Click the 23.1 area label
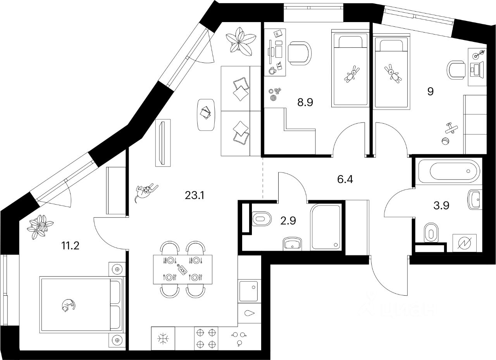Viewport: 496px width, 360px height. tap(195, 195)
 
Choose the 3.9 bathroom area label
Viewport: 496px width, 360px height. tap(441, 206)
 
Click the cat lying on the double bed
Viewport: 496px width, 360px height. tap(67, 305)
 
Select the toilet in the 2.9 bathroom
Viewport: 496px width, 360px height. tap(261, 219)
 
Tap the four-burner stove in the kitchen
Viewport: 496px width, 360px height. tap(205, 338)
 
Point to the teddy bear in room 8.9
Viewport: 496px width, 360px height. tap(351, 74)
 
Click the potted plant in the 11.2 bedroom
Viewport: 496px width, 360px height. tap(40, 227)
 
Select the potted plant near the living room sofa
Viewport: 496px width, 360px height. tap(241, 39)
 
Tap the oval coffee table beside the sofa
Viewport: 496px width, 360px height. tap(207, 114)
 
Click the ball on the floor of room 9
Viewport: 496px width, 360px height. tap(444, 141)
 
